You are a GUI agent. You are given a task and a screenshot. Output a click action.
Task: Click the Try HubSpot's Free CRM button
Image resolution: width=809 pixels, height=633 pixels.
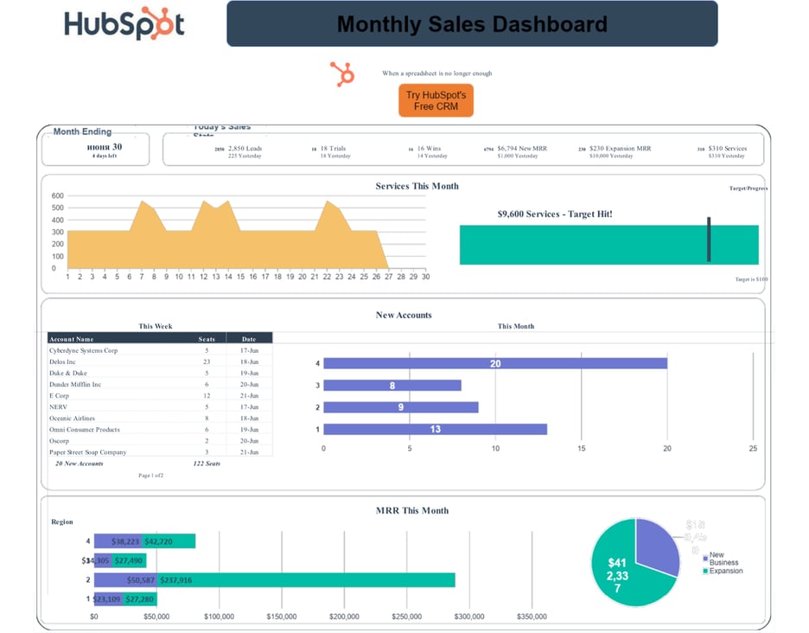pos(436,100)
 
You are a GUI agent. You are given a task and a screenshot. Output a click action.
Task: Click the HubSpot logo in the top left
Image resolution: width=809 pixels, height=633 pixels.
pos(124,23)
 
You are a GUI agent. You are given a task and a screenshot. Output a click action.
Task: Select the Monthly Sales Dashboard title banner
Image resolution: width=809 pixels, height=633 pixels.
pos(472,24)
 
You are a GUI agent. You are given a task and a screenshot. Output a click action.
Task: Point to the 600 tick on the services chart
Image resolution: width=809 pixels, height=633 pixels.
pos(58,196)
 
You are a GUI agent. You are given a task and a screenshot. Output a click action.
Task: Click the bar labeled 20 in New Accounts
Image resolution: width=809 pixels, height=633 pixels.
pos(494,363)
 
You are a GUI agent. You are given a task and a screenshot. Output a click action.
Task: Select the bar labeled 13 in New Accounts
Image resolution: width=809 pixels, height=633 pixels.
pos(435,429)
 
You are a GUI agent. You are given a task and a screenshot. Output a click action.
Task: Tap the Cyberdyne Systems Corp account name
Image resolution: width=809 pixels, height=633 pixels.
pos(83,351)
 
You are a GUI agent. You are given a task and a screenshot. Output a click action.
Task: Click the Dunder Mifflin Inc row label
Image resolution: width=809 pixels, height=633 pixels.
pos(75,385)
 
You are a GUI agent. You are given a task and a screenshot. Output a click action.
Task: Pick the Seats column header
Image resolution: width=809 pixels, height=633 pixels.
pos(207,339)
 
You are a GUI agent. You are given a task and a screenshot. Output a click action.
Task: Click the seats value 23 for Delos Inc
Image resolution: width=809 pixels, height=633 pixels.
pos(207,362)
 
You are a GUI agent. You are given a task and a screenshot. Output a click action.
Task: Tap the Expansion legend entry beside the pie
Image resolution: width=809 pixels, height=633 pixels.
pos(725,571)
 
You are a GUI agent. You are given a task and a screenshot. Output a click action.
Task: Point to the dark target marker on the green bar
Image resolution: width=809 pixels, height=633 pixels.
pos(709,240)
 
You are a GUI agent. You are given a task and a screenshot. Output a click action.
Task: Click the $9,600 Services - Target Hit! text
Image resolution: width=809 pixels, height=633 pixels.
pos(555,214)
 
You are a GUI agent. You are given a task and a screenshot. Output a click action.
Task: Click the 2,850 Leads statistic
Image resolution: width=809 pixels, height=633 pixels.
pos(245,149)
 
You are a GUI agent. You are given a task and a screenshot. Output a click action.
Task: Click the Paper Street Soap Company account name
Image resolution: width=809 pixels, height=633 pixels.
pos(87,452)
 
